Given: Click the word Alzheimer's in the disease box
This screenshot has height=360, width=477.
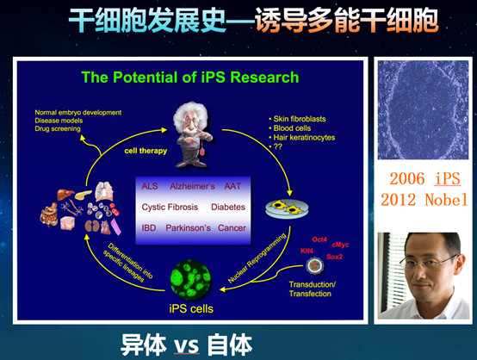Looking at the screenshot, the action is click(x=192, y=186).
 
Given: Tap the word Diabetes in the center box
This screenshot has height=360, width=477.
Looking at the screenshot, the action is click(x=228, y=208).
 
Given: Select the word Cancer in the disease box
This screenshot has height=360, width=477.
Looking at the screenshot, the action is click(x=232, y=228).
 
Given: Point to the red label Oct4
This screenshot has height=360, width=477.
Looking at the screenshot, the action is click(x=319, y=239).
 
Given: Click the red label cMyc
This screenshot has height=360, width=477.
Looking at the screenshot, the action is click(x=340, y=245).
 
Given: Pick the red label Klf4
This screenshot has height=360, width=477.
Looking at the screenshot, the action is click(x=307, y=251).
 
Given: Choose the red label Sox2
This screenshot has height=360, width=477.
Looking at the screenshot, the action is click(x=334, y=257).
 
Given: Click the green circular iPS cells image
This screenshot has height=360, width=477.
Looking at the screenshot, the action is click(x=190, y=280).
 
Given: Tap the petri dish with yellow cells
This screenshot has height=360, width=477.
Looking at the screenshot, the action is click(x=287, y=208).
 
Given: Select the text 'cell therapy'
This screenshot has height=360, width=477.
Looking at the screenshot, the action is click(x=146, y=151).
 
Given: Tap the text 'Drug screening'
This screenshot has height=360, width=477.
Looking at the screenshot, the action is click(x=58, y=128).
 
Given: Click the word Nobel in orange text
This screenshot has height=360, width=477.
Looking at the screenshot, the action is click(x=446, y=200).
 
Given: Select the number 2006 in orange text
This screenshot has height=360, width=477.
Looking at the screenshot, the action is click(x=407, y=178).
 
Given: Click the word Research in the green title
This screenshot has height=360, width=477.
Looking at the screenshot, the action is click(x=264, y=78).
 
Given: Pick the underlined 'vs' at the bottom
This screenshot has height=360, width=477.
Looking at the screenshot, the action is click(x=187, y=346).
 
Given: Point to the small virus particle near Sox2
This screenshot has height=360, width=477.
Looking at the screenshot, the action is click(x=314, y=265).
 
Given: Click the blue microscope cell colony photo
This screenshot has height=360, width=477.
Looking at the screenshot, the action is click(x=423, y=110).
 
